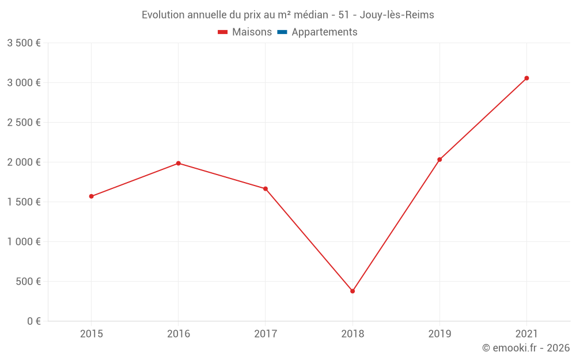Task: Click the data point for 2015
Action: (92, 196)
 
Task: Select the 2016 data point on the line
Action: (179, 164)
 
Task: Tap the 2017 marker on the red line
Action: (266, 189)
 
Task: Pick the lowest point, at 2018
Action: (353, 291)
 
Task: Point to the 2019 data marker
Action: (439, 160)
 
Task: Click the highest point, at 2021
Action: (526, 78)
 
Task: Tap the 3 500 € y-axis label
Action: (24, 43)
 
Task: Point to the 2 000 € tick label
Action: (24, 162)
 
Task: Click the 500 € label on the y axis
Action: (28, 282)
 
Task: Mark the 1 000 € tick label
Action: (24, 242)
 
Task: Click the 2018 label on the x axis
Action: (353, 334)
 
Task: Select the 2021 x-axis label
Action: (526, 334)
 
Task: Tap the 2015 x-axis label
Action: (92, 334)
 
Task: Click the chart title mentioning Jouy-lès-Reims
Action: (288, 15)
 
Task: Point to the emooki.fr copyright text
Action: (525, 348)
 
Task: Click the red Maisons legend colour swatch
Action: (223, 32)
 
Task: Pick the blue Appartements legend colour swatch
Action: (282, 32)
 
